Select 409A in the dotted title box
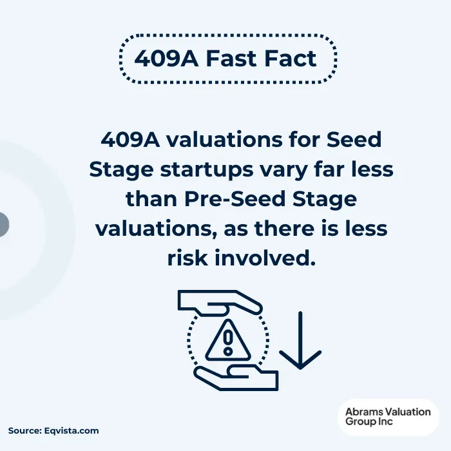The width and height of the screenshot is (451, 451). click(x=165, y=59)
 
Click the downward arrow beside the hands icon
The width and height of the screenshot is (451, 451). click(x=300, y=341)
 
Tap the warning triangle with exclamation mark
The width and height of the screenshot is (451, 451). click(x=227, y=341)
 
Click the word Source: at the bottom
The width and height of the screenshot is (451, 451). click(x=24, y=430)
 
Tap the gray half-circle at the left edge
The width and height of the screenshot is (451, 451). click(x=3, y=225)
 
